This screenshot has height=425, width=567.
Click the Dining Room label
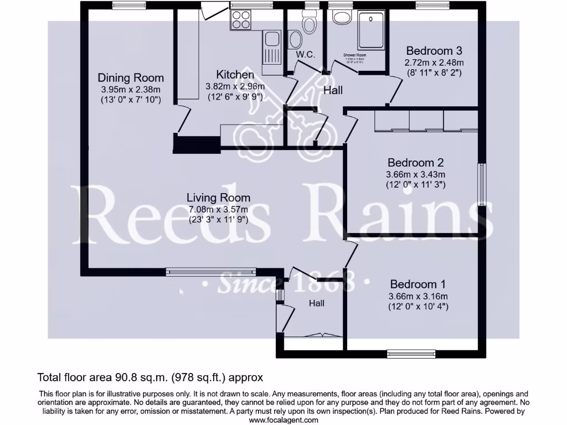point(131,77)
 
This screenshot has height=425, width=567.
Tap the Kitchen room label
point(235,75)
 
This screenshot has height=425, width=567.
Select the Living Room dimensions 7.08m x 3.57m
point(218,209)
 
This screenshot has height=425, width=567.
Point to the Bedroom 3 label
point(434,50)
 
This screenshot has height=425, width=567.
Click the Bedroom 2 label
point(415,163)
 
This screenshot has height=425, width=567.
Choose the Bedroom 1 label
point(418,284)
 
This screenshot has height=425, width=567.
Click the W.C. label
point(305,54)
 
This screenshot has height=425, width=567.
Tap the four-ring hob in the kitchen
point(241,21)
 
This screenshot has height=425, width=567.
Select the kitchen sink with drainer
point(272,46)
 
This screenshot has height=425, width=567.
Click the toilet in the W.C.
point(309,22)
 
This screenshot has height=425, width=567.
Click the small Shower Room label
point(355,55)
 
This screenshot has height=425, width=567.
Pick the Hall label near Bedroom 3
point(333,90)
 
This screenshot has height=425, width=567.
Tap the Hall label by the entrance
point(317,303)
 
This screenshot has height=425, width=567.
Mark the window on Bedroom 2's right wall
point(483,184)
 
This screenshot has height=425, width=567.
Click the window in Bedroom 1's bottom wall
point(411,353)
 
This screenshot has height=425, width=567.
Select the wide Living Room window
point(211,272)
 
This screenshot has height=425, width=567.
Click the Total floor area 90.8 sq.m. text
point(150,377)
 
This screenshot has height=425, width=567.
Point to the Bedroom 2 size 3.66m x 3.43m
point(415,174)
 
